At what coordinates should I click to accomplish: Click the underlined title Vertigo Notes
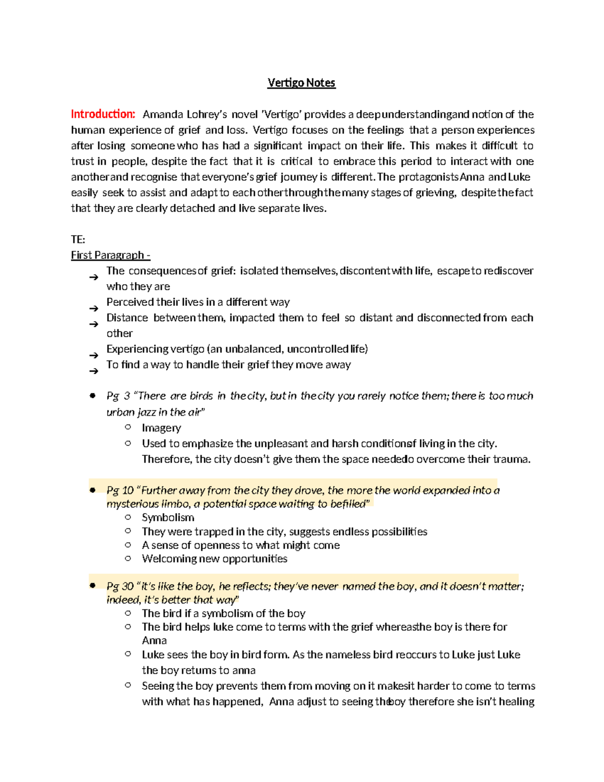tap(301, 83)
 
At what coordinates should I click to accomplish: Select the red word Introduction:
tap(103, 114)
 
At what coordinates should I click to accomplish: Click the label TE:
tap(78, 240)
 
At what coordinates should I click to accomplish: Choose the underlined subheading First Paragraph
tap(110, 255)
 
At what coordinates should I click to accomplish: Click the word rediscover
tap(508, 271)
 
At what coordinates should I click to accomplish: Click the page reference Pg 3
tap(118, 396)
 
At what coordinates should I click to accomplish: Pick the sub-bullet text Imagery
tap(161, 428)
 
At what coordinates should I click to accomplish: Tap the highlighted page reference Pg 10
tap(120, 490)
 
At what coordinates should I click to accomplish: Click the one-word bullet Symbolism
tap(168, 518)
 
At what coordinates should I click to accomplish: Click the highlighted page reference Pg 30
tap(120, 586)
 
